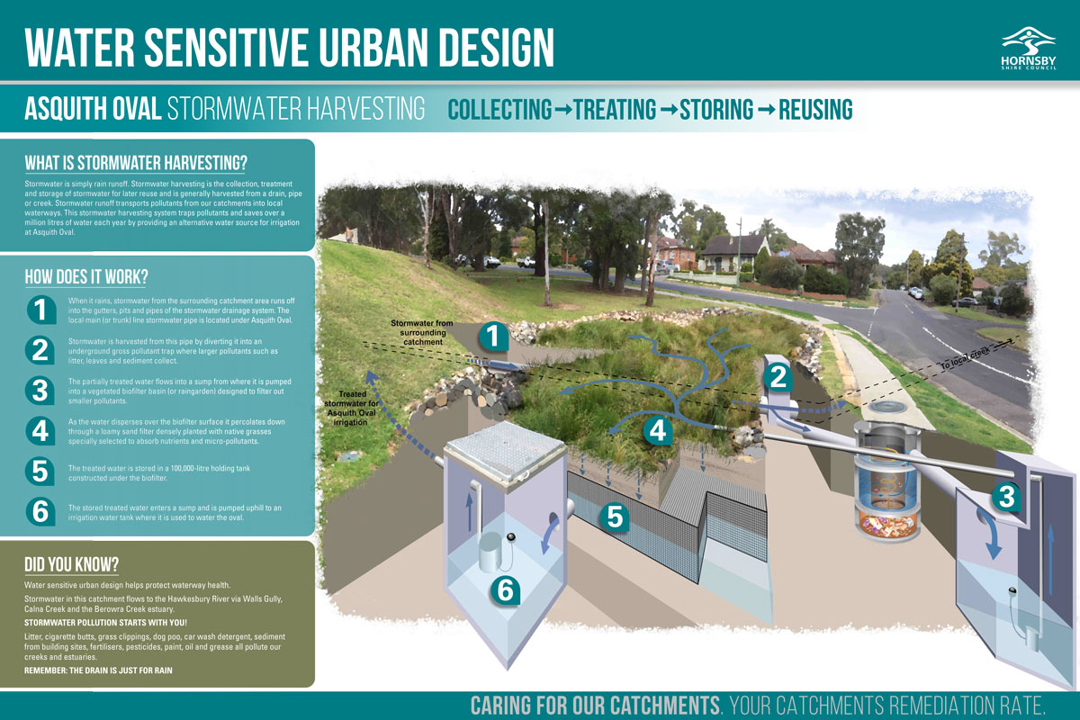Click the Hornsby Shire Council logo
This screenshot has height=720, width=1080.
tap(1029, 49)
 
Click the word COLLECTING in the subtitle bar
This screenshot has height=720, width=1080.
tap(500, 110)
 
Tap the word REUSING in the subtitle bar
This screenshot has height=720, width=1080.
tap(815, 110)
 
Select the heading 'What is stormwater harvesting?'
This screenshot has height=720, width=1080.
tap(136, 163)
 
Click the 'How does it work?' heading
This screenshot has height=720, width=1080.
tap(86, 277)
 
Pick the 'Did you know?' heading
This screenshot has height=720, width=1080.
tap(71, 564)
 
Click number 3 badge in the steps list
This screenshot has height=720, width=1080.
tap(40, 391)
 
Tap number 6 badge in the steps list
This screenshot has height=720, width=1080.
tap(40, 512)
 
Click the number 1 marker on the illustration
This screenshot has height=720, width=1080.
tap(493, 336)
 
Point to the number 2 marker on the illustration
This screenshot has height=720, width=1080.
tap(778, 376)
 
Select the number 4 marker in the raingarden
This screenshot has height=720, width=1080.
tap(658, 430)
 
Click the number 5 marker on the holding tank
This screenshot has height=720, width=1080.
tap(615, 517)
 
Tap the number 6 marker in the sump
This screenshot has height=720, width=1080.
tap(505, 589)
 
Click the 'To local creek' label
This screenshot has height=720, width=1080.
tap(965, 359)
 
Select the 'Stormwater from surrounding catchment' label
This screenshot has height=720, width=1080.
tap(422, 333)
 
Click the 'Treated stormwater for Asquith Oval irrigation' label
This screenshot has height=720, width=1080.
tap(352, 408)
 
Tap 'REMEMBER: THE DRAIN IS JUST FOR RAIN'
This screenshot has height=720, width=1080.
tap(98, 670)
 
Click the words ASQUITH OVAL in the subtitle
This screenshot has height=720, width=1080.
tap(93, 109)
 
